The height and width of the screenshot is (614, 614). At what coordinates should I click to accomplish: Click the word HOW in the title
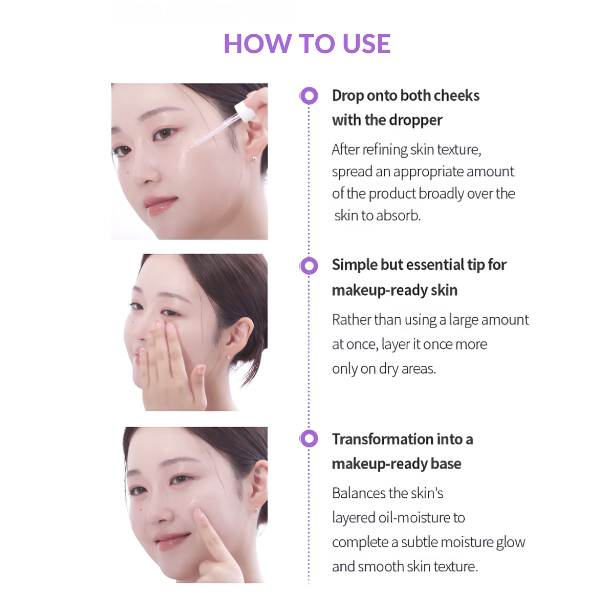(x=257, y=43)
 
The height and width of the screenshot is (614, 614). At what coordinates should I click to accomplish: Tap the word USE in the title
(x=366, y=43)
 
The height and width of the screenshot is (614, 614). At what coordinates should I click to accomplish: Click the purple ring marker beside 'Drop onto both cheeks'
(x=309, y=96)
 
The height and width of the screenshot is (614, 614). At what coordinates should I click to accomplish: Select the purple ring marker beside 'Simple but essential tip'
(x=309, y=266)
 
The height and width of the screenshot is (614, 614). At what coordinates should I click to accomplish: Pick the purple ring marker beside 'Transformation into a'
(x=309, y=438)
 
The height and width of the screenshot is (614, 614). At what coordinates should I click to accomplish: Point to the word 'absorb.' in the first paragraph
(x=399, y=216)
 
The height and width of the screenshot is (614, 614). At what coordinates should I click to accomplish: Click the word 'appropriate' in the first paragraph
(x=429, y=172)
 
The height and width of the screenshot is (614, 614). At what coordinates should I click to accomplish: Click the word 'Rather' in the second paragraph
(x=352, y=320)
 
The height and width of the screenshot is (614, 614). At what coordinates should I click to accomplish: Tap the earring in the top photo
(x=254, y=158)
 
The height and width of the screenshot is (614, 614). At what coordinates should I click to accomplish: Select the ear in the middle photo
(x=239, y=336)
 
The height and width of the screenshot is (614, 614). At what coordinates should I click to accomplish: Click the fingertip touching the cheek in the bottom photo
(x=199, y=513)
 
